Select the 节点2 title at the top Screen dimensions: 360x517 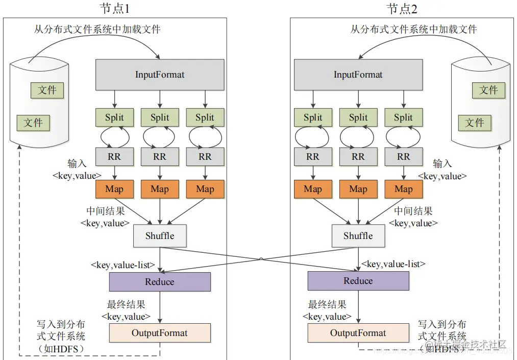[402, 8]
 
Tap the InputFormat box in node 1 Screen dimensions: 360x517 [160, 75]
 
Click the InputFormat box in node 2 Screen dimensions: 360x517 [358, 75]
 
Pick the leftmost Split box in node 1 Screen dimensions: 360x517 [114, 117]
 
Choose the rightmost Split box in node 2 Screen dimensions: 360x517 [403, 117]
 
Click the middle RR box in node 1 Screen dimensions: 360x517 [160, 157]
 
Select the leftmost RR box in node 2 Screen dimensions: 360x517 [313, 157]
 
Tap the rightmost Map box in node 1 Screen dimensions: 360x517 [205, 189]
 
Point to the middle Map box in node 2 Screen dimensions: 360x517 [358, 189]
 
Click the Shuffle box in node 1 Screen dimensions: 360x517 [160, 236]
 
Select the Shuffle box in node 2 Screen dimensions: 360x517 [358, 236]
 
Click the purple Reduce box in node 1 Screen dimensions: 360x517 [160, 282]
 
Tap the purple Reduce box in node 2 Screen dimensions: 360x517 [358, 281]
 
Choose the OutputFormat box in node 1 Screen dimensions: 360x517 [160, 333]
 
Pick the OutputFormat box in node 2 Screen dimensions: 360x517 [358, 333]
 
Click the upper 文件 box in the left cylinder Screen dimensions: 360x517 [47, 90]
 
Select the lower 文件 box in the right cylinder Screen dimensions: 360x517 [475, 123]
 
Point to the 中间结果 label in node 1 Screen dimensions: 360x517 [106, 211]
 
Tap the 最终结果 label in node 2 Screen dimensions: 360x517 [327, 305]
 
